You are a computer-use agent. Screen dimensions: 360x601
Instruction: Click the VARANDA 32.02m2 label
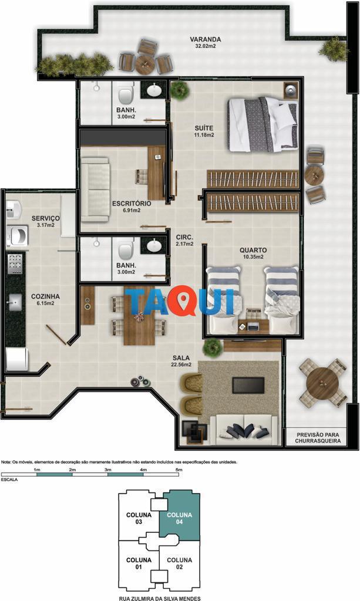tap(205, 42)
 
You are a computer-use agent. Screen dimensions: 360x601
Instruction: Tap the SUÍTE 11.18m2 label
tap(204, 131)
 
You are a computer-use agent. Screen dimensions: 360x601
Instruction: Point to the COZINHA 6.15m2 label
tap(45, 299)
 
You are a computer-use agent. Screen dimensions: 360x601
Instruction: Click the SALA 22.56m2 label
tap(181, 361)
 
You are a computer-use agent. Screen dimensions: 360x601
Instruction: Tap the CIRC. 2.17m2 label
tap(184, 240)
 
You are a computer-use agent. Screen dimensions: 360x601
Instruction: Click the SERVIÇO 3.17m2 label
tap(45, 221)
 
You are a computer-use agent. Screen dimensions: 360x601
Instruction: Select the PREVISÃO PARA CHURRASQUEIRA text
tap(318, 438)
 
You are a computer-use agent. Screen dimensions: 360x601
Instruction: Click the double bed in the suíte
tap(263, 124)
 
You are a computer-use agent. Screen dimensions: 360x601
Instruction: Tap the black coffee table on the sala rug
tap(248, 385)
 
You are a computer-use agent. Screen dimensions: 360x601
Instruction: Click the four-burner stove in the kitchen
tap(15, 264)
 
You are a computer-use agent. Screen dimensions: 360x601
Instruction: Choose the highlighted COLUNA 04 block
tap(180, 517)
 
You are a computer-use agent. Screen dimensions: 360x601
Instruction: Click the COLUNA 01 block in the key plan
tap(139, 564)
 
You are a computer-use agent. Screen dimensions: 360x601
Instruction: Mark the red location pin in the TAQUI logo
tap(184, 302)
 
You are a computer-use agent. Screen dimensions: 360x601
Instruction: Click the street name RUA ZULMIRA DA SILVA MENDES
tap(160, 598)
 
